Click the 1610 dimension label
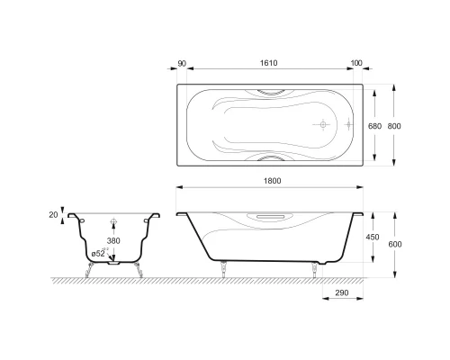point(268,63)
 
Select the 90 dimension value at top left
point(182,64)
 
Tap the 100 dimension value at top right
point(356,63)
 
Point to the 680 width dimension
point(374,126)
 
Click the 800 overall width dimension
point(394,126)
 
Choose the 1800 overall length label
point(273,181)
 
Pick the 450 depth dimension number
point(373,237)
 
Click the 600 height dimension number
point(395,244)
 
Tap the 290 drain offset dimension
point(342,292)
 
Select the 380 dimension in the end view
point(113,240)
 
